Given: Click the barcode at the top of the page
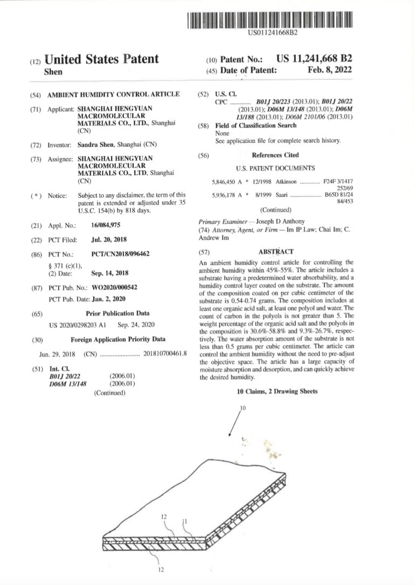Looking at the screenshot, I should [273, 20].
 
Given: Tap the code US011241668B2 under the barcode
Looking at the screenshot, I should [273, 32].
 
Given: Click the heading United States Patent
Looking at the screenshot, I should [101, 59].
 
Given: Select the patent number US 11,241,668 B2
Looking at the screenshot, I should [315, 59].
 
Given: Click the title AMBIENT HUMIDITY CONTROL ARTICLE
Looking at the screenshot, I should [114, 94].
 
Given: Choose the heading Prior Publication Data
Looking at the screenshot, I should [118, 312].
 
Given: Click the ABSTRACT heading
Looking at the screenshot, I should [275, 251].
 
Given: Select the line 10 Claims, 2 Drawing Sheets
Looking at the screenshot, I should [277, 391].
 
